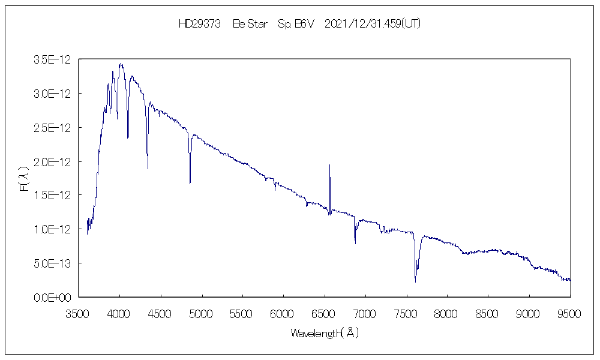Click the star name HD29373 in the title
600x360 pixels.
tap(200, 24)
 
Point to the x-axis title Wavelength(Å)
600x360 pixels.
tap(325, 333)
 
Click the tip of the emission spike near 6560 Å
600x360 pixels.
tap(329, 164)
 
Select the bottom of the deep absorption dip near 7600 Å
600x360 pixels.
tap(415, 281)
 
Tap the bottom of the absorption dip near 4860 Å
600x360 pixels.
tap(190, 183)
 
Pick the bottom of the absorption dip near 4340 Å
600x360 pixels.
tap(148, 169)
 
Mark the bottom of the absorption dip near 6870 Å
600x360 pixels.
tap(355, 244)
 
